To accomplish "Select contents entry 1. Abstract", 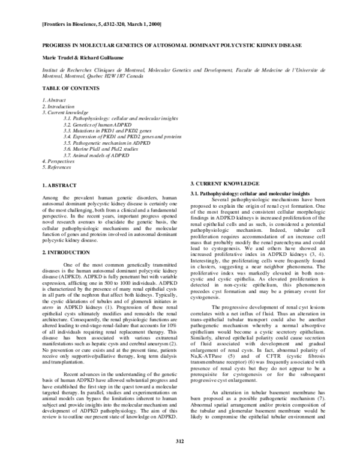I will (55, 98).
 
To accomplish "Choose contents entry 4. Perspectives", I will (58, 164).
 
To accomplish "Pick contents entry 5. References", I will (57, 171).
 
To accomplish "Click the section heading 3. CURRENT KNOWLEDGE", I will (225, 183).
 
